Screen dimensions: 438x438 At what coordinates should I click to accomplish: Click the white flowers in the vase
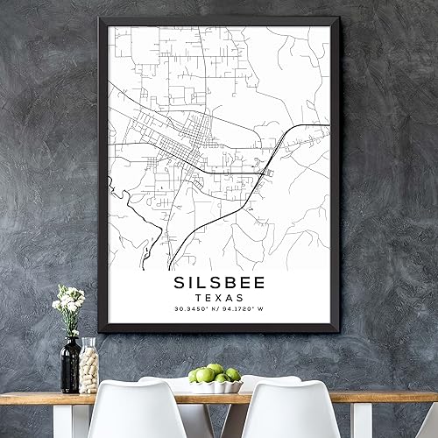tap(68, 300)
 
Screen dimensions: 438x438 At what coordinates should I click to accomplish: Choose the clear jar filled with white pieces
tap(88, 366)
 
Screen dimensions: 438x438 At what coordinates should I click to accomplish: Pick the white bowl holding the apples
tap(215, 386)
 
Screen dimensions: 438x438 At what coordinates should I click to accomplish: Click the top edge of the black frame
tap(219, 20)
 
